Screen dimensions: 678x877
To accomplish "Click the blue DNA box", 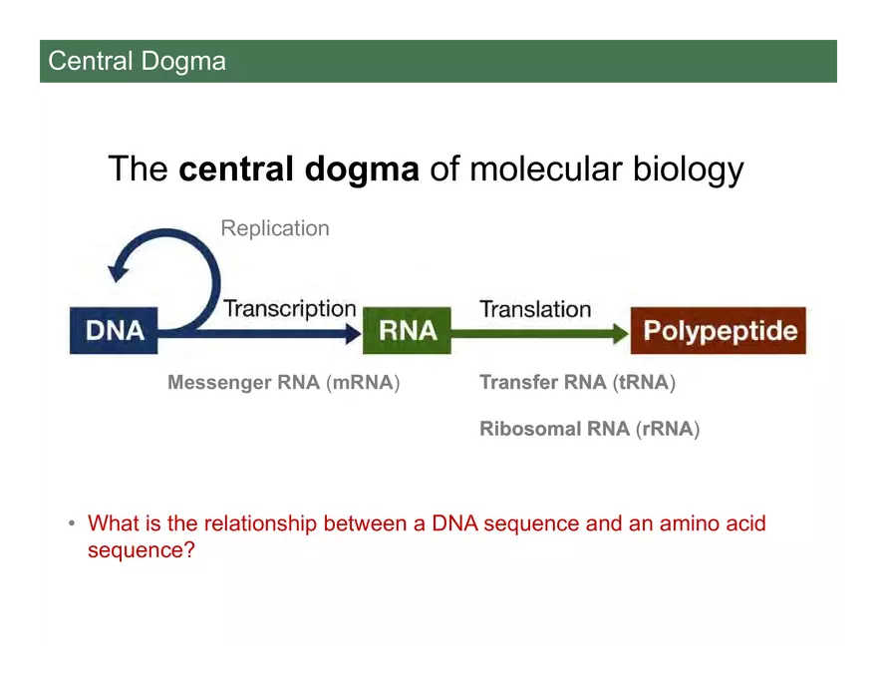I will tap(114, 330).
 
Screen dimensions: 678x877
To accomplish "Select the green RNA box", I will tap(407, 330).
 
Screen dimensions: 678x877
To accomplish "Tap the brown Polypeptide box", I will tap(718, 330).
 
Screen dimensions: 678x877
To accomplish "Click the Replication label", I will tap(274, 228).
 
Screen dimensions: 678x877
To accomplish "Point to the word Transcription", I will tap(289, 308).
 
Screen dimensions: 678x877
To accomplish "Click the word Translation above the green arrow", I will tap(535, 309).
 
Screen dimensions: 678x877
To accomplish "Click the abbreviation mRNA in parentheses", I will tap(363, 383).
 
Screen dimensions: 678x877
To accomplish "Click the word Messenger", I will tap(216, 383).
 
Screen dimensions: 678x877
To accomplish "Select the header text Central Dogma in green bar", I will tap(137, 61).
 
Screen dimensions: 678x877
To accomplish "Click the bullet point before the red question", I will tap(72, 523).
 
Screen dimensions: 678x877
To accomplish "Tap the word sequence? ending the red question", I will tap(141, 550).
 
